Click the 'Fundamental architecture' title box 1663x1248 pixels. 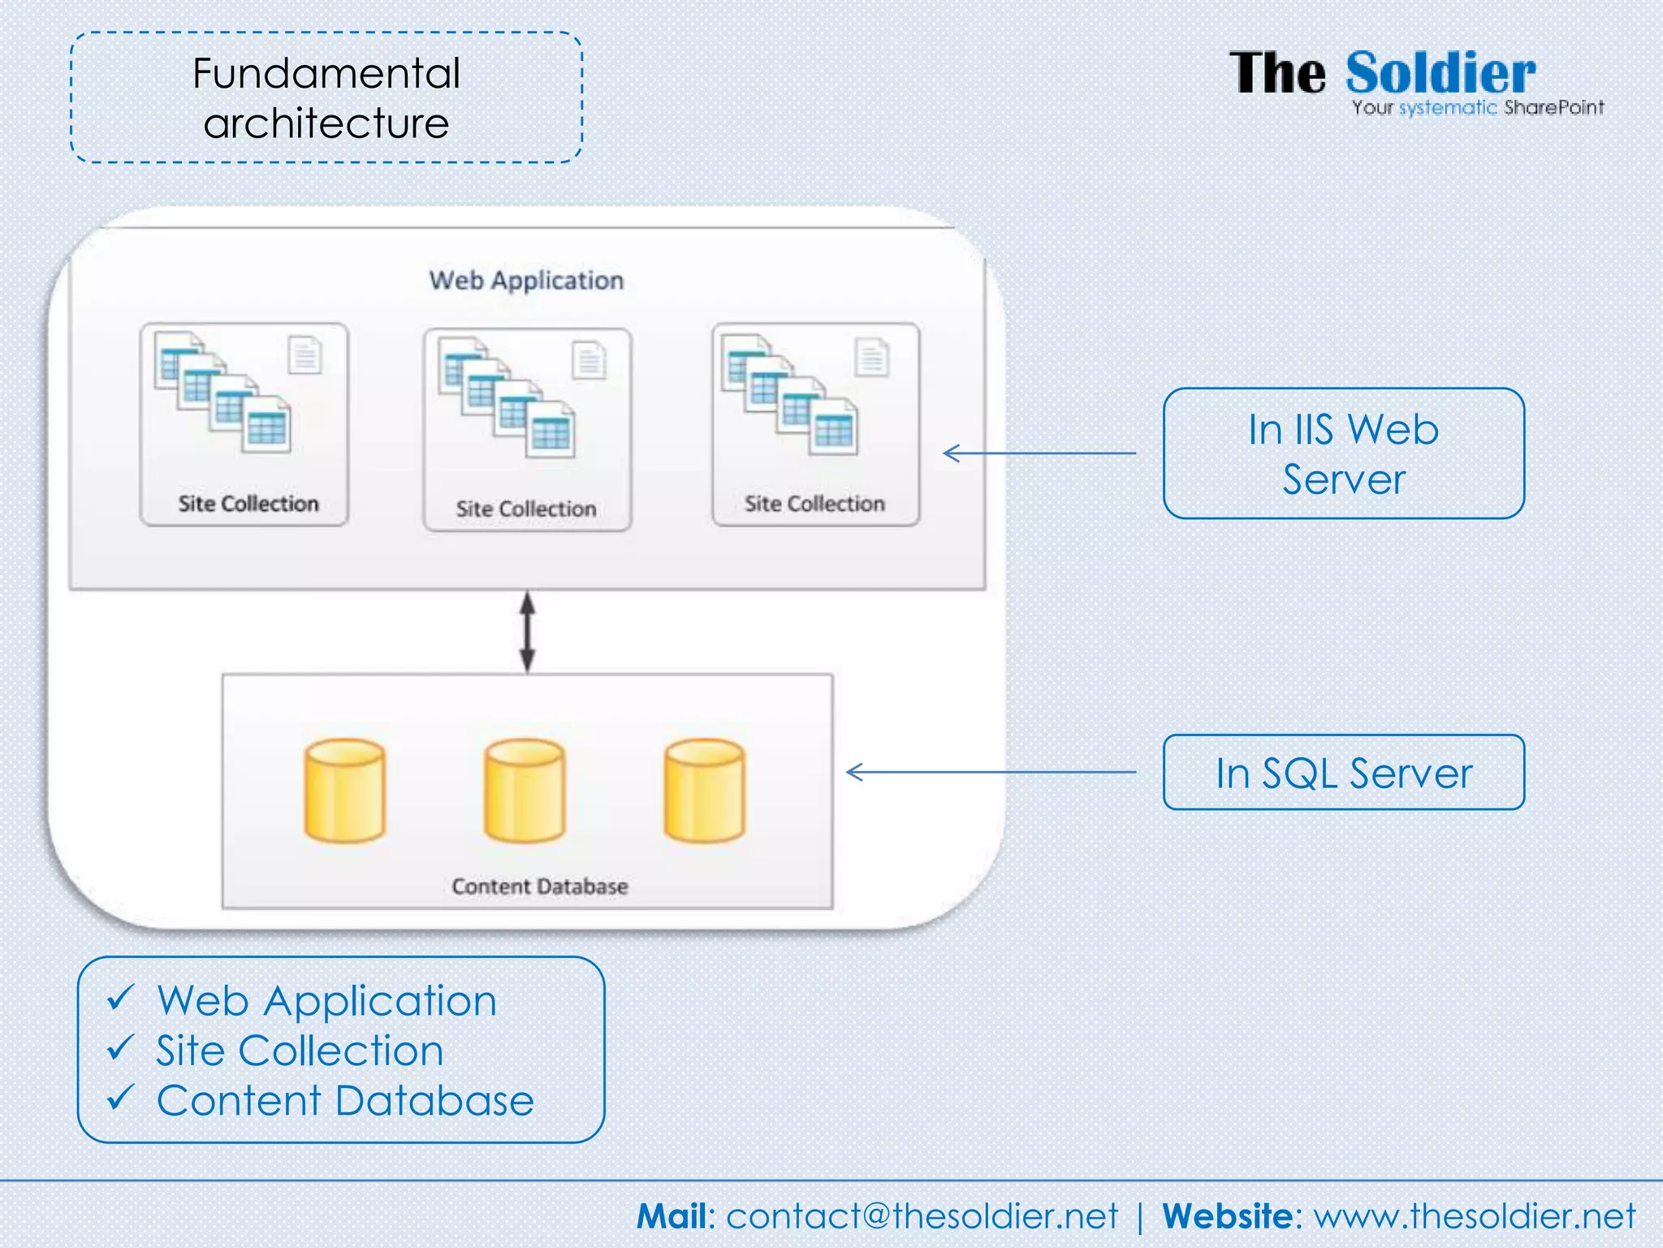326,98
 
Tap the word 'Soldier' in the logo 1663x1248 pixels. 1440,74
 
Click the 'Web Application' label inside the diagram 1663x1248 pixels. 526,281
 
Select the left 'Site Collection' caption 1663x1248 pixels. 248,504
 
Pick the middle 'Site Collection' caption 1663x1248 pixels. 525,509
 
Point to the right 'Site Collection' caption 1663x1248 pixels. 814,504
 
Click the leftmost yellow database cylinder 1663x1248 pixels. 345,790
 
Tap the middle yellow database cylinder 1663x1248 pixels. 525,790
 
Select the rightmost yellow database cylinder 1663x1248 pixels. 704,790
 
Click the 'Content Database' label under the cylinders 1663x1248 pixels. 540,886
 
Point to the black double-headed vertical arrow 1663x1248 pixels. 527,631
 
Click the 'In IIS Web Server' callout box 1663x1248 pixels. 1343,453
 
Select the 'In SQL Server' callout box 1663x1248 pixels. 1343,773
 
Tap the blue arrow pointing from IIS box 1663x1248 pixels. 1039,453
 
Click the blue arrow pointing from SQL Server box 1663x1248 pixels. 991,772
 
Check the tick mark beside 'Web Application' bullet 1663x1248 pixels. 120,998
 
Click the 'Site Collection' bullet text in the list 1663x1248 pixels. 300,1051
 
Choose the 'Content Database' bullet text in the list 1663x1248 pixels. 345,1101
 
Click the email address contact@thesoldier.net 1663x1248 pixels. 922,1216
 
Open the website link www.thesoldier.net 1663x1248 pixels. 1474,1216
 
